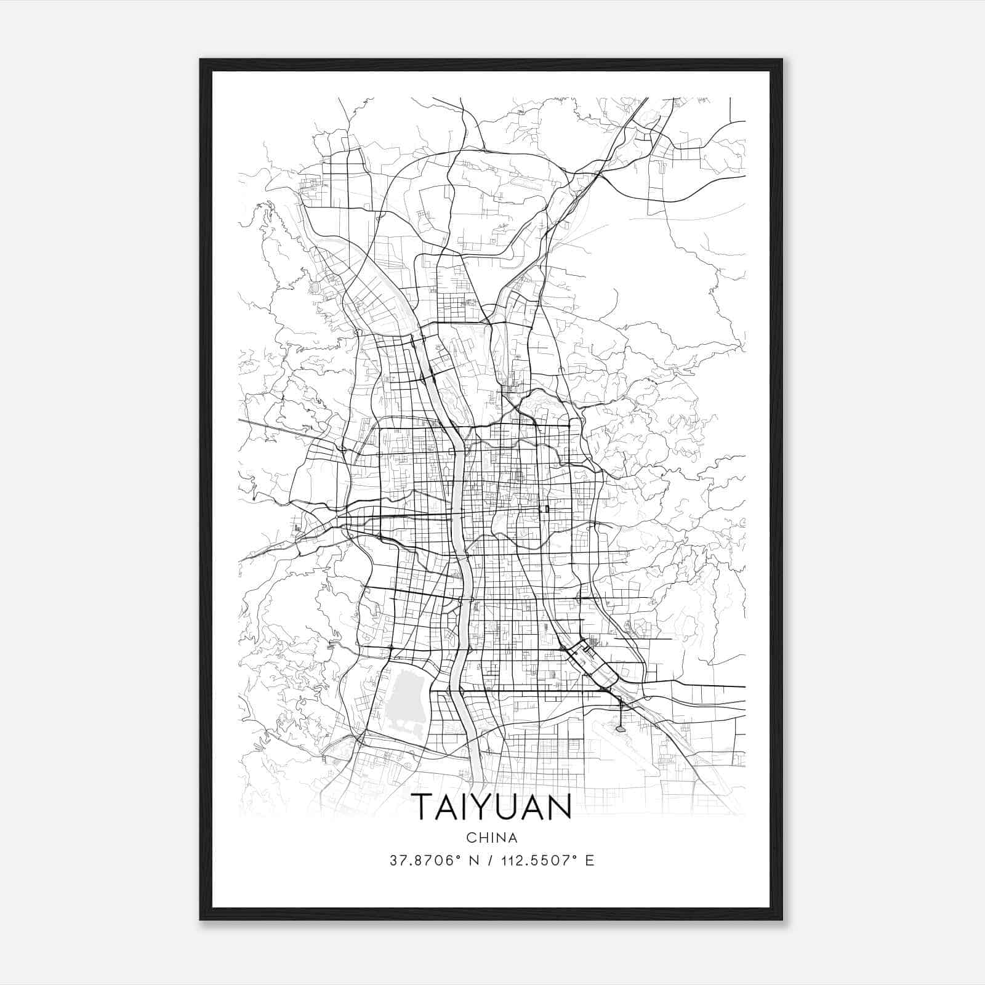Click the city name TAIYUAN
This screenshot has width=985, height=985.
coord(491,806)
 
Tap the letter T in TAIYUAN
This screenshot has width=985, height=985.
coord(423,806)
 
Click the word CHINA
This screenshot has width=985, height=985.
coord(491,838)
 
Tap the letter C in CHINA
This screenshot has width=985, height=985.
coord(471,838)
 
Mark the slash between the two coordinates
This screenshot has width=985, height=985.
coord(490,861)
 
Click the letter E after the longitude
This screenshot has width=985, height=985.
coord(590,861)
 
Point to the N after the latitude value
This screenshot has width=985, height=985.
coord(473,861)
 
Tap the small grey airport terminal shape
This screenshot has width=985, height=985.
coord(620,729)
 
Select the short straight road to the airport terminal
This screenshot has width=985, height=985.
coord(620,714)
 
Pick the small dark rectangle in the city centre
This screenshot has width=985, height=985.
coord(546,509)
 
